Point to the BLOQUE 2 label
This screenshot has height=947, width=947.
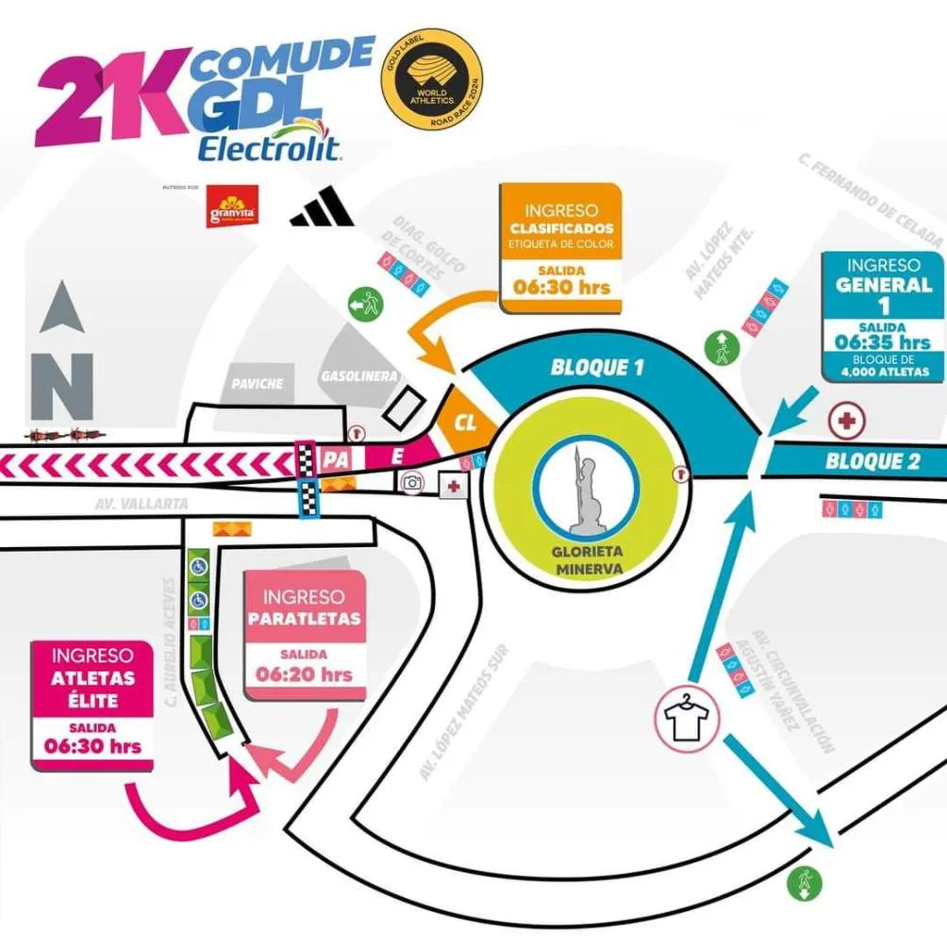tap(865, 461)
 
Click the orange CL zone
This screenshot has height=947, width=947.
tap(465, 422)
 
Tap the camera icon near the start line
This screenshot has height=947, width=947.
tap(411, 483)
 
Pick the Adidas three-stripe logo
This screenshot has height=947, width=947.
tap(323, 209)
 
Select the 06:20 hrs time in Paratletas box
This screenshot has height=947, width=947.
tap(305, 674)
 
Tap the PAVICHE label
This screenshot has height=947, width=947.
tap(258, 384)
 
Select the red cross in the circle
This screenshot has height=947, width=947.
tap(844, 420)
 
